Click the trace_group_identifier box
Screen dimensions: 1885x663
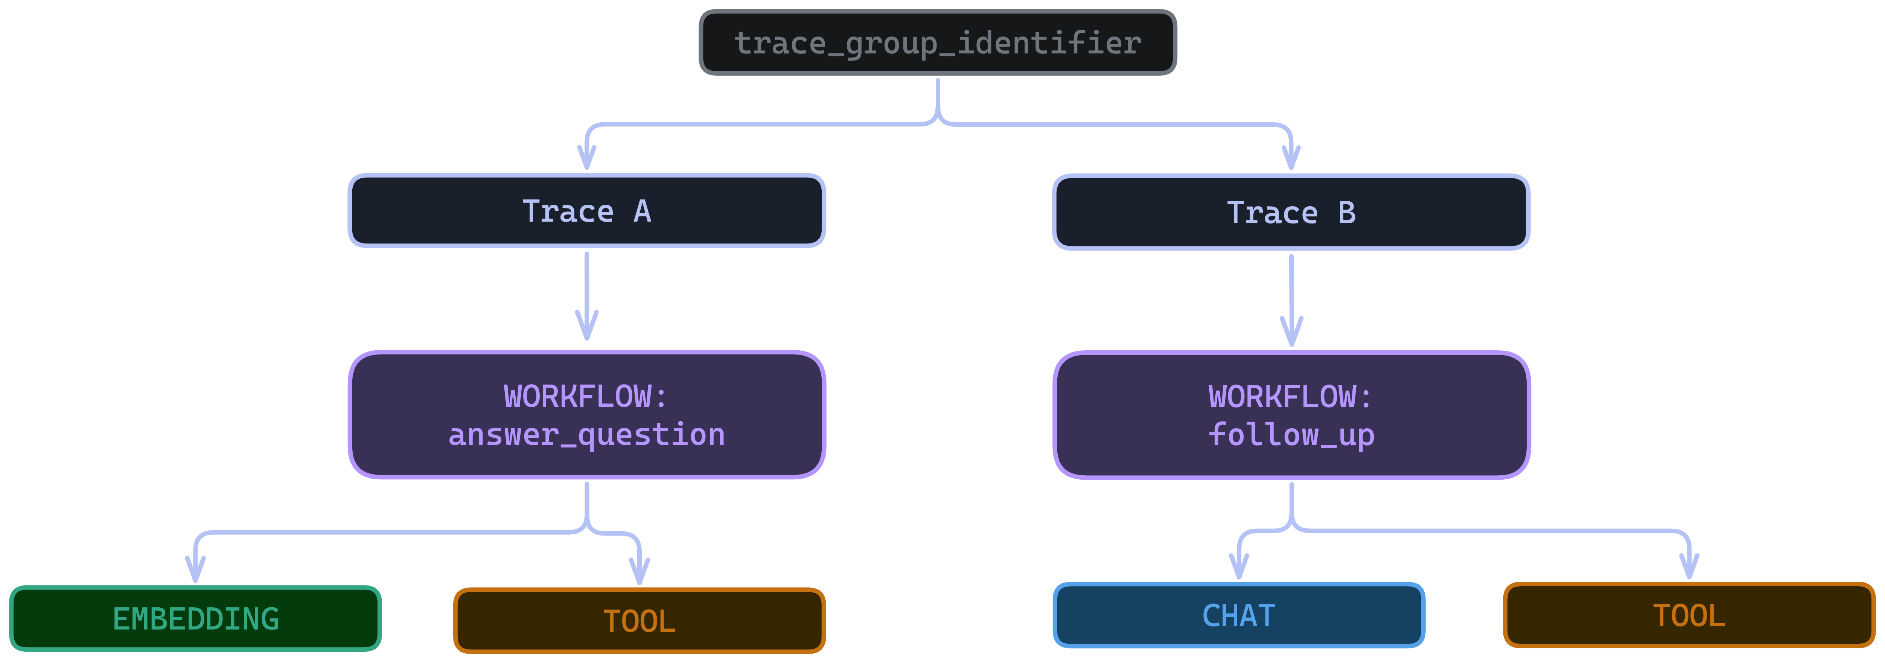[937, 43]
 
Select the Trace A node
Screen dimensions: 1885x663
[586, 211]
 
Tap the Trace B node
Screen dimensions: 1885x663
[1291, 212]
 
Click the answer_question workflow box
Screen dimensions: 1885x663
[586, 415]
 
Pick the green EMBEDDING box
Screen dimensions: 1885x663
[195, 618]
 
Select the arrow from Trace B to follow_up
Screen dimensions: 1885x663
[1291, 300]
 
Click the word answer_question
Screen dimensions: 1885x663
[586, 435]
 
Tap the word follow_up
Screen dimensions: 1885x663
[1291, 435]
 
